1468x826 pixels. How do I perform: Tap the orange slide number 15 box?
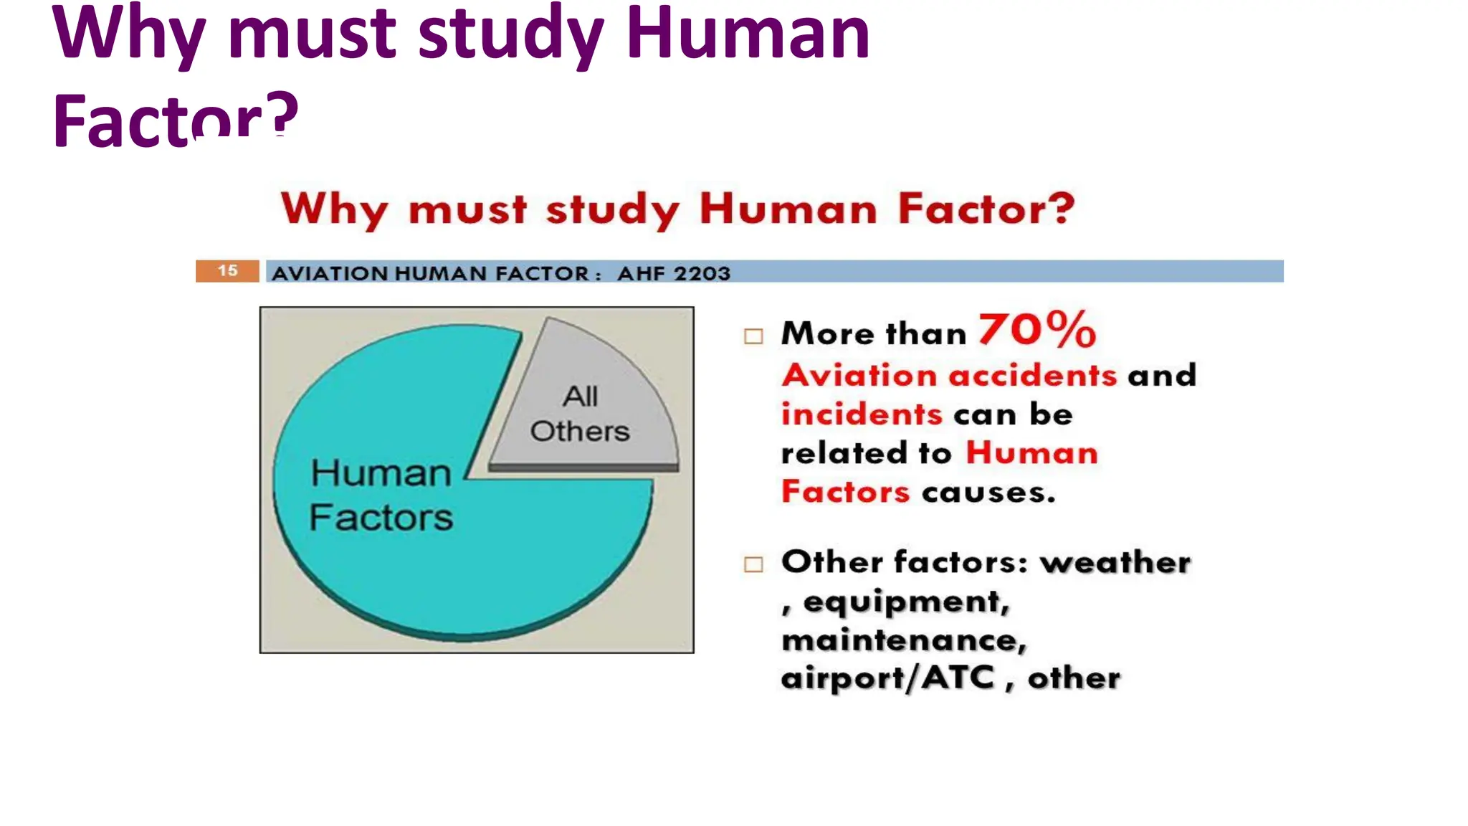coord(227,271)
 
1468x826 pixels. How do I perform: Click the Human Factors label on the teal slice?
coord(381,495)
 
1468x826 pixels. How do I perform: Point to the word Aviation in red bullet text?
coord(859,375)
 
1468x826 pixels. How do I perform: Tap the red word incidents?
coord(861,414)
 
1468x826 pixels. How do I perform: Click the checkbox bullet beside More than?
coord(753,336)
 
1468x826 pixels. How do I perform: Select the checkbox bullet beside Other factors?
coord(753,564)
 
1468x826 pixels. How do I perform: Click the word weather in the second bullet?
coord(1115,562)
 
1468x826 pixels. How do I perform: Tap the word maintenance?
coord(904,640)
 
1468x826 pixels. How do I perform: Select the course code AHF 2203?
coord(674,273)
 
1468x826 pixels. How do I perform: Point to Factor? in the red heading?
coord(986,208)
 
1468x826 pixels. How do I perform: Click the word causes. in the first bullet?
coord(988,493)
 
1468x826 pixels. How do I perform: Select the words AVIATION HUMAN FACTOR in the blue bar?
coord(430,273)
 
